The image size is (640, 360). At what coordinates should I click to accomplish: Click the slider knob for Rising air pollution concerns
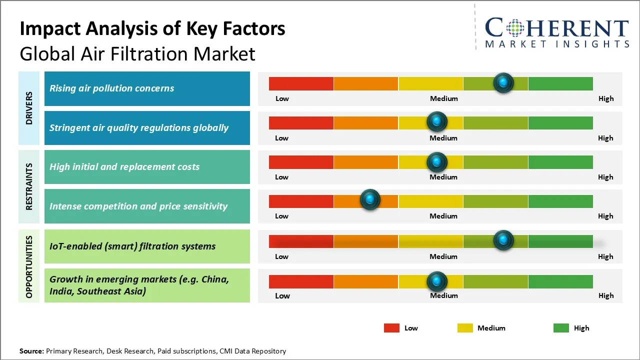pos(503,82)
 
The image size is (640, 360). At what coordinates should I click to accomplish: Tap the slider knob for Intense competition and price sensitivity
pos(370,199)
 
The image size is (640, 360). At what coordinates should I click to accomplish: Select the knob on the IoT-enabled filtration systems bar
pos(503,240)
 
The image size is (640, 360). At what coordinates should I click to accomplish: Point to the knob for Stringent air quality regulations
pos(437,121)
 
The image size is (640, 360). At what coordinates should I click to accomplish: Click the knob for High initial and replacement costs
pos(437,162)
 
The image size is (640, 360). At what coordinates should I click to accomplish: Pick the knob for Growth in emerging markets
pos(437,281)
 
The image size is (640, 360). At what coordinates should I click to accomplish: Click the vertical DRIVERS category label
pos(29,108)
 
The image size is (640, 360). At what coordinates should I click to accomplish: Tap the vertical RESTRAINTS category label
pos(29,186)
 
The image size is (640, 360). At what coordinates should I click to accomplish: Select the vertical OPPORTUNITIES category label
pos(29,266)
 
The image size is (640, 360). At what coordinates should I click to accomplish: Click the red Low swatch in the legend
pos(391,328)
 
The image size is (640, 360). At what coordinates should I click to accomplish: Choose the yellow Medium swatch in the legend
pos(465,328)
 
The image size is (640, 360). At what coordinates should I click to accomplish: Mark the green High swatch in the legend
pos(561,328)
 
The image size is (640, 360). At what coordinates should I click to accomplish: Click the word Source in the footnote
pos(31,351)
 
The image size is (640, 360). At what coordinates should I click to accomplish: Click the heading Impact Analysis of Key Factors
pos(152,28)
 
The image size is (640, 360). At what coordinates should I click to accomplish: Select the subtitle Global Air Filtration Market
pos(137,53)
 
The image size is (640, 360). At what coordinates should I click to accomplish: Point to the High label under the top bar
pos(606,98)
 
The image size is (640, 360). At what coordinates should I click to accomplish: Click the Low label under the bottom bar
pos(282,295)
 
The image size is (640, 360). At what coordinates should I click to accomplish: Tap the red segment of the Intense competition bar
pos(301,201)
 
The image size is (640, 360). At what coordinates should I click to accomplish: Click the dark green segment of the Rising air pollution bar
pos(560,83)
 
